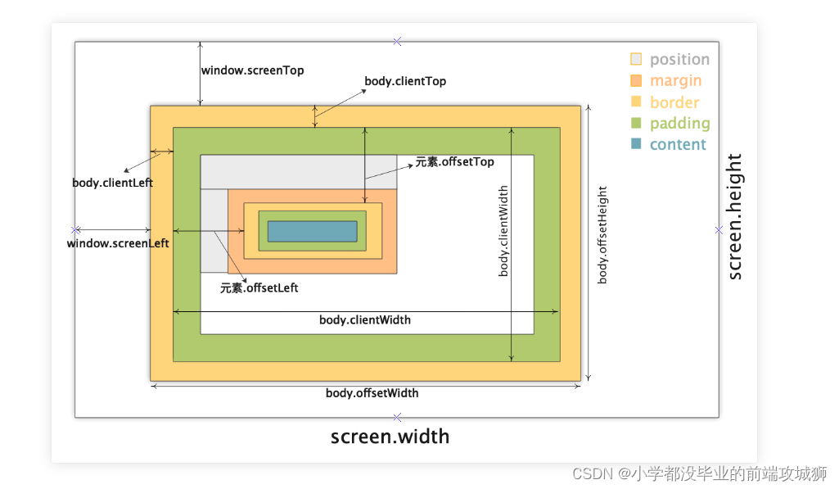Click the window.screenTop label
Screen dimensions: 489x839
point(252,70)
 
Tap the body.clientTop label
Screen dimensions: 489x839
point(404,81)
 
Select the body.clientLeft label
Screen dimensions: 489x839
point(112,183)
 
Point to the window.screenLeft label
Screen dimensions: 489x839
point(118,243)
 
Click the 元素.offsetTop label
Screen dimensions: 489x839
point(454,162)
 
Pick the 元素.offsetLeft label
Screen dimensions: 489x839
point(259,288)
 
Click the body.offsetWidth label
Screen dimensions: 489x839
point(372,393)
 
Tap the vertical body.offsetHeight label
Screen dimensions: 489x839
point(602,235)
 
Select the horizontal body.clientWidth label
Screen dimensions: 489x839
point(364,319)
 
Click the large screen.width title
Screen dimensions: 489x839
point(390,437)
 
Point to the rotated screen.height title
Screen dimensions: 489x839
point(735,217)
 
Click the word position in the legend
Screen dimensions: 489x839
point(679,60)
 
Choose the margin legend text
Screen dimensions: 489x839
point(675,81)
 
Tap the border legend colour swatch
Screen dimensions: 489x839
point(636,102)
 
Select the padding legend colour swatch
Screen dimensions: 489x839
point(636,123)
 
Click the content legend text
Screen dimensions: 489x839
point(677,145)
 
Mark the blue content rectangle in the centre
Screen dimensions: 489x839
point(312,231)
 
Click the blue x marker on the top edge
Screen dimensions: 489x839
point(397,41)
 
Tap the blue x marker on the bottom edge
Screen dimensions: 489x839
point(397,418)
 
